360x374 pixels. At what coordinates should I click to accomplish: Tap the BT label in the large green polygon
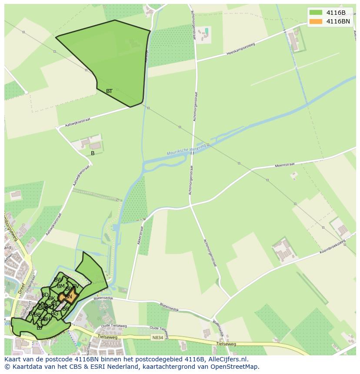tap(109, 91)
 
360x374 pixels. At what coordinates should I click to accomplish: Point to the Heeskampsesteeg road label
tap(240, 49)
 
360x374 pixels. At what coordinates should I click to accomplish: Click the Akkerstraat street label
tap(140, 235)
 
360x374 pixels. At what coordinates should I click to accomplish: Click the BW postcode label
tap(58, 280)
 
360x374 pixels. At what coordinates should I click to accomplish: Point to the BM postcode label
tap(60, 286)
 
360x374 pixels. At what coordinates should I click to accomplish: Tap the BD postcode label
tap(45, 295)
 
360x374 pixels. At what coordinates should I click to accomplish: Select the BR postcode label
tap(65, 309)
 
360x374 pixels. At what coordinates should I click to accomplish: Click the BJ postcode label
tap(39, 328)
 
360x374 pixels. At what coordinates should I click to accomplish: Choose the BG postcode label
tap(54, 314)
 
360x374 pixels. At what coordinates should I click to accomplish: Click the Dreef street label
tap(20, 289)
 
